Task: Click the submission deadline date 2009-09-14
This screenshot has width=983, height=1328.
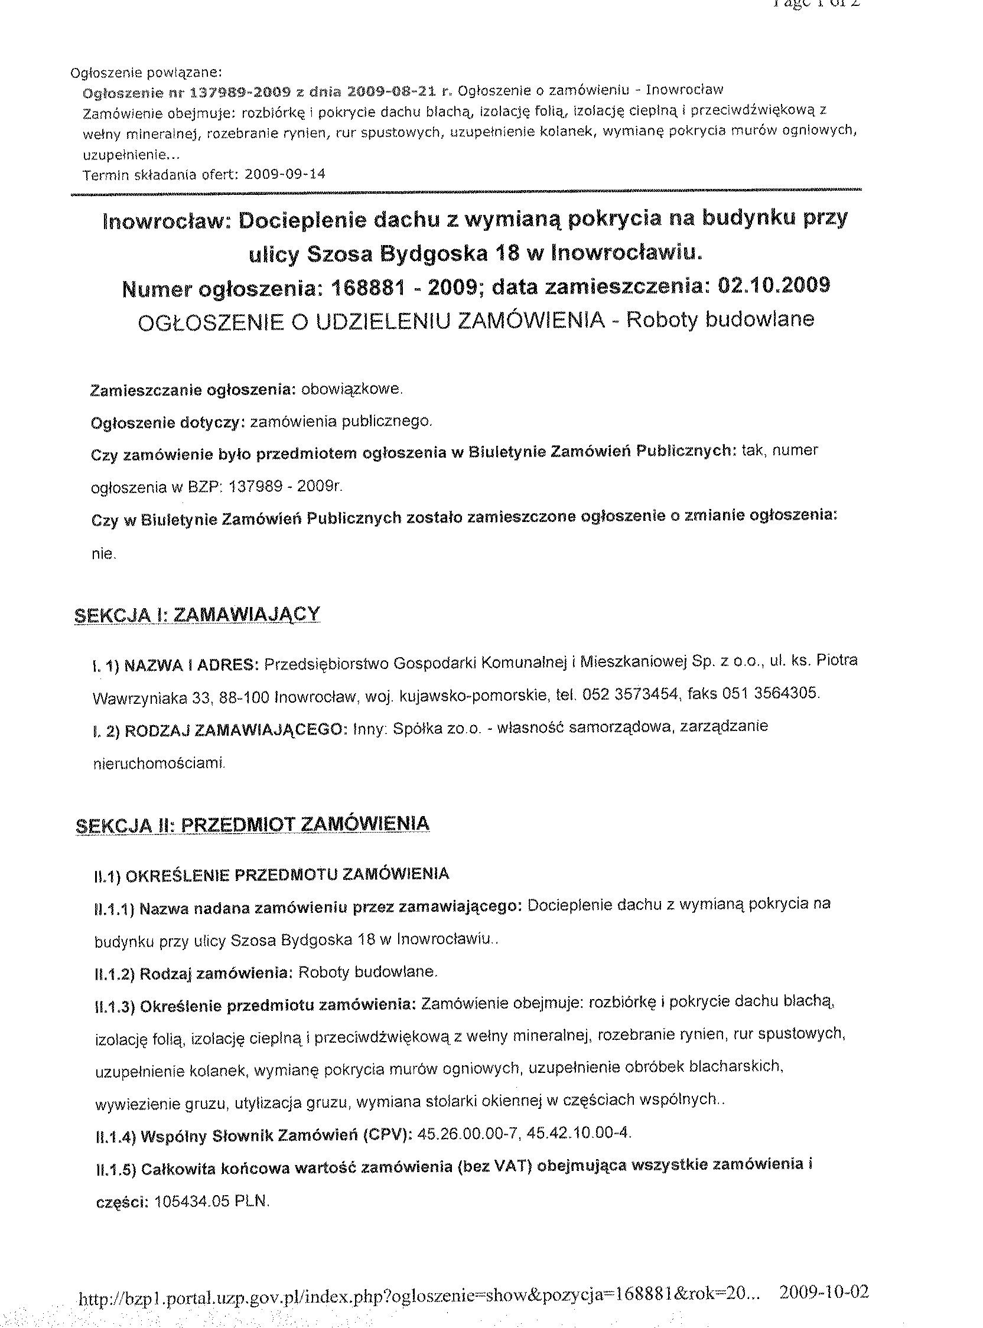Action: coord(285,174)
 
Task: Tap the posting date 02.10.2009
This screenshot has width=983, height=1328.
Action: coord(774,286)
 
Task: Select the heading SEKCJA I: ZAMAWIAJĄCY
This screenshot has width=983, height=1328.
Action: coord(197,614)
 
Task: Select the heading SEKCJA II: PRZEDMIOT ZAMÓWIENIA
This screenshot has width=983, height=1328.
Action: coord(253,824)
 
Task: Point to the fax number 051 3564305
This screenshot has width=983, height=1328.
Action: coord(770,693)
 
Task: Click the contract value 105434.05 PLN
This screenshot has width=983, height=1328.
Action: coord(212,1201)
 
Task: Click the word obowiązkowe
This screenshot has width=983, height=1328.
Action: coord(351,390)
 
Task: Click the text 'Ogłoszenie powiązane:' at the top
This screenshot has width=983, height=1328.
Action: coord(146,73)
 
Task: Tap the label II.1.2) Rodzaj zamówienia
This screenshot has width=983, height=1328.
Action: coord(193,973)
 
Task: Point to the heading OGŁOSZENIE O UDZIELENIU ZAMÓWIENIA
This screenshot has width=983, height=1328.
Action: coord(372,321)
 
